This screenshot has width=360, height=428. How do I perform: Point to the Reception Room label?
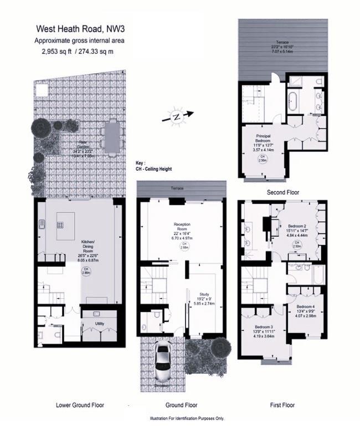[x=182, y=227]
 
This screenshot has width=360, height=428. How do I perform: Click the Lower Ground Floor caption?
[x=80, y=405]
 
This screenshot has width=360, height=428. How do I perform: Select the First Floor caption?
[x=282, y=405]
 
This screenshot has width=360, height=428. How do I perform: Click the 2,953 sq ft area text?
[x=80, y=52]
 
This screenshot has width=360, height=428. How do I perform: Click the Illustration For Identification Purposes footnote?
[x=187, y=419]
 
